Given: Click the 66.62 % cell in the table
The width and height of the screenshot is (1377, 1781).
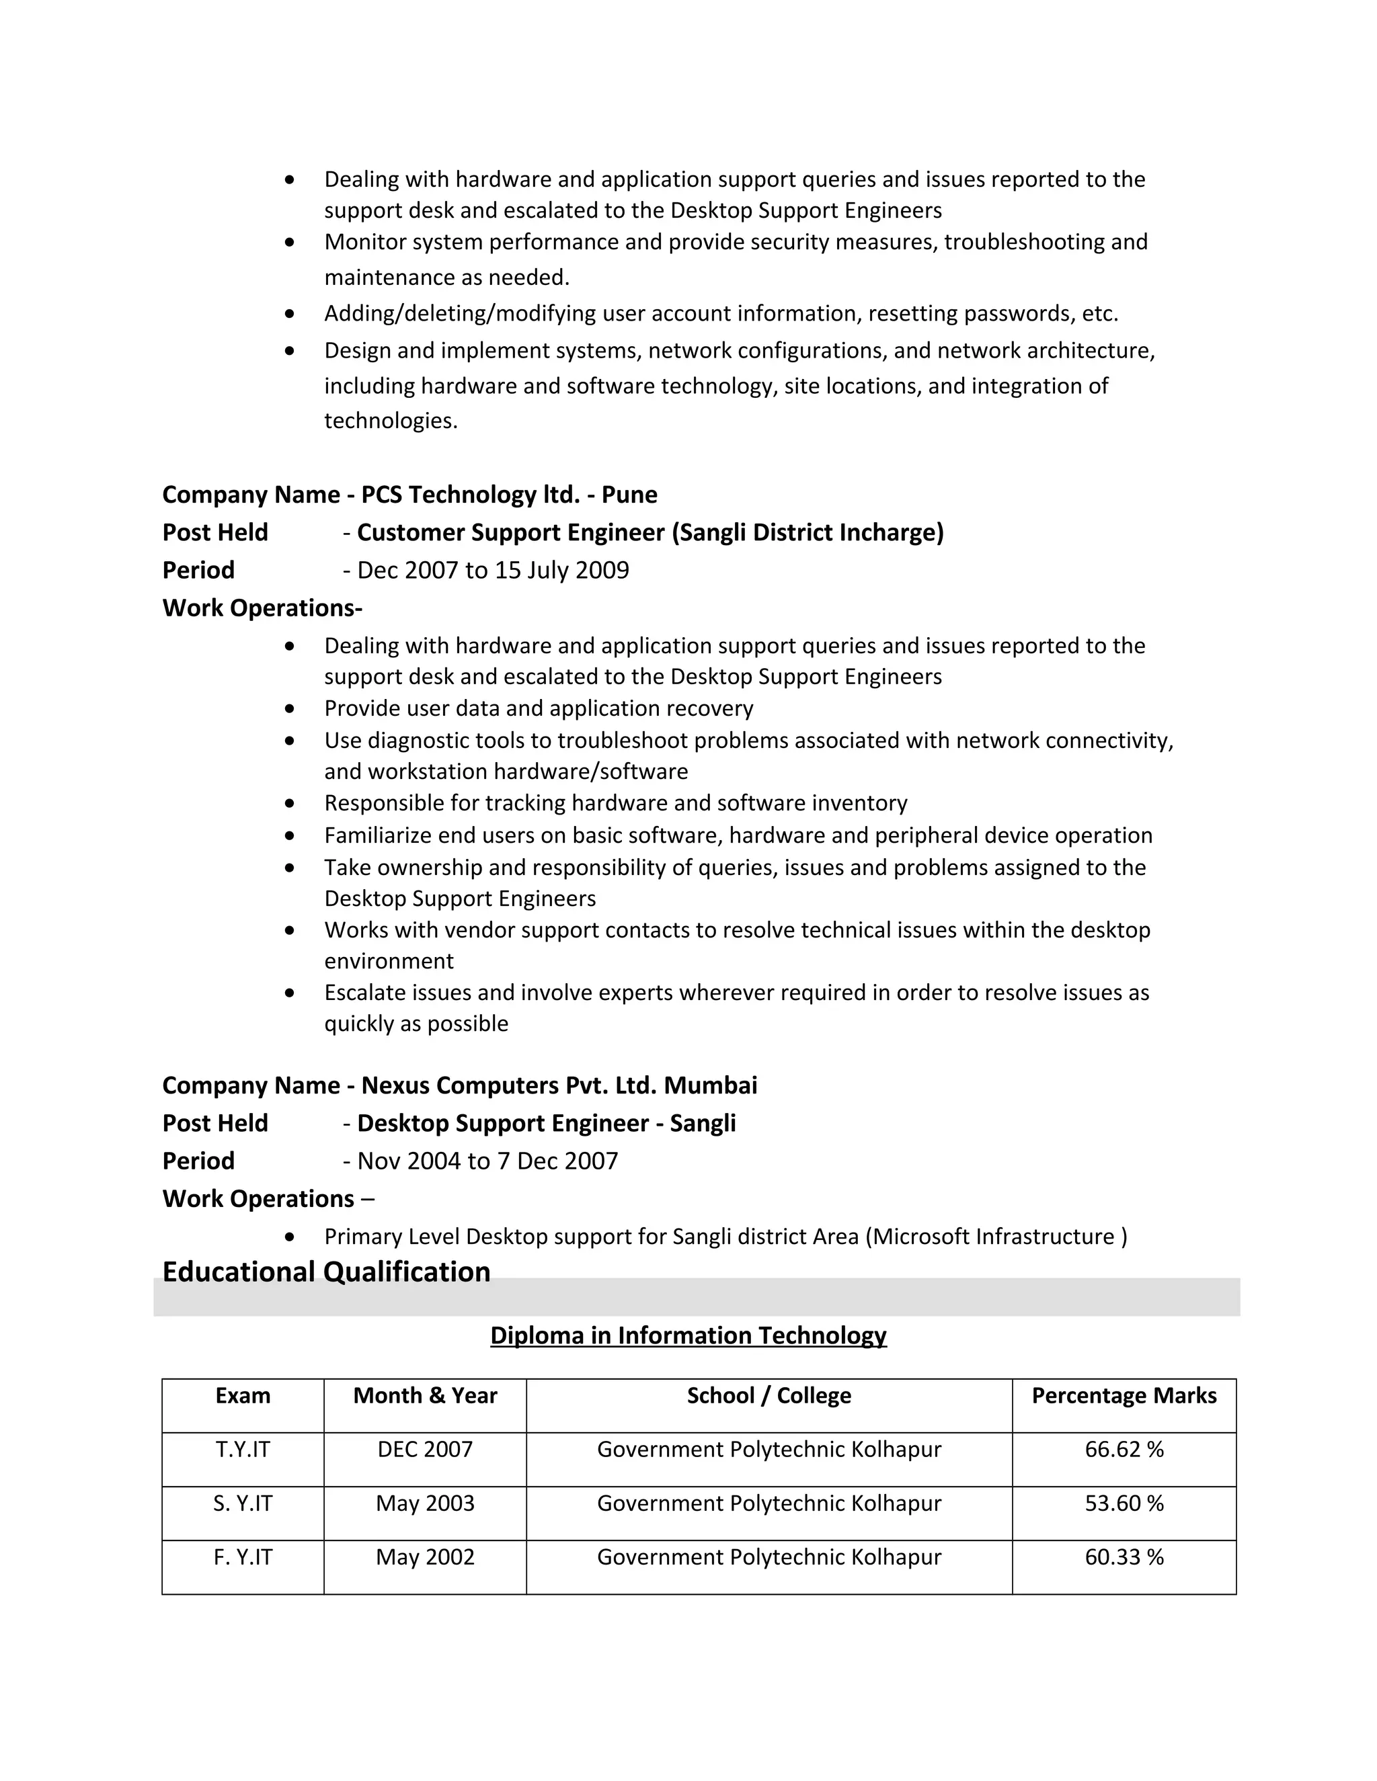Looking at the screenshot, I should [x=1124, y=1449].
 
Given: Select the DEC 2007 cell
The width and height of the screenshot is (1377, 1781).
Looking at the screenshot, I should [x=424, y=1449].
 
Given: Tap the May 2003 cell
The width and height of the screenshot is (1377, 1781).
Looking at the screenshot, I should [x=424, y=1503].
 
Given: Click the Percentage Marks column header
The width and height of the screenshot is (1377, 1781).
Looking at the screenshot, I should [x=1124, y=1395].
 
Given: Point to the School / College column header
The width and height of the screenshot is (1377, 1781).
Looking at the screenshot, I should [x=769, y=1395].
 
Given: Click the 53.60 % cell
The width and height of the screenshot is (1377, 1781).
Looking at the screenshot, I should [x=1124, y=1503].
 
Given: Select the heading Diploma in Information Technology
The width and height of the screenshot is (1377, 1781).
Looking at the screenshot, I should [x=688, y=1335].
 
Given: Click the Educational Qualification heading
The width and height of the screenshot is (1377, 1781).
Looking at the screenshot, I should [x=326, y=1272].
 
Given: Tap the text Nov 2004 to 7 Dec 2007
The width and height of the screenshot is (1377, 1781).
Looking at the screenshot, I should [x=487, y=1161].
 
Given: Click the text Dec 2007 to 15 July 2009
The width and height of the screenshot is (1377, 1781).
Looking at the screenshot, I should [x=493, y=570].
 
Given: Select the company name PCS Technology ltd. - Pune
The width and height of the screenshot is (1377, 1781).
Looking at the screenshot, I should [x=509, y=494].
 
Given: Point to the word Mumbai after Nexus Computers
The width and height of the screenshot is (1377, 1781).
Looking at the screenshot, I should [x=710, y=1085].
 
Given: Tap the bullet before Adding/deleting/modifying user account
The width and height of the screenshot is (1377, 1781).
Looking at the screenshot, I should [x=290, y=314].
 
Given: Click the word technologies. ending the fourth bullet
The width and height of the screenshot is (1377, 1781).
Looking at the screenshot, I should [x=391, y=421].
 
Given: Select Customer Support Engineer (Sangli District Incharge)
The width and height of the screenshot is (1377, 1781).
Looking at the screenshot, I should [x=650, y=532].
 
